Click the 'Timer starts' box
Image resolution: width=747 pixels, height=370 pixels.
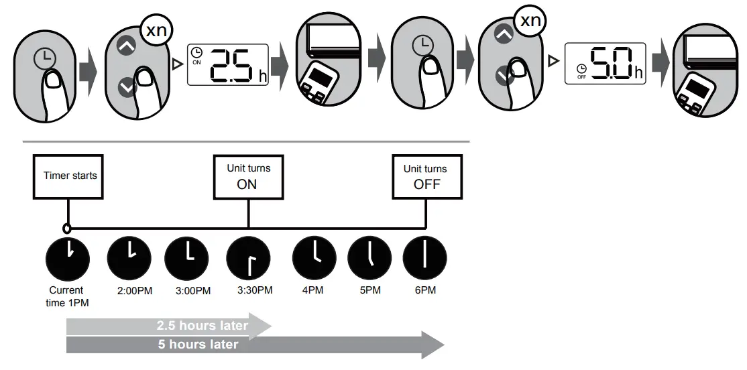click(70, 176)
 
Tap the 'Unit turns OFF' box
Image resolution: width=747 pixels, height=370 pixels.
click(425, 177)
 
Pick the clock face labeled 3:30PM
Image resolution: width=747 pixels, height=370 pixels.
click(248, 258)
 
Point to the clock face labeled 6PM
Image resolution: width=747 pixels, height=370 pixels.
click(424, 258)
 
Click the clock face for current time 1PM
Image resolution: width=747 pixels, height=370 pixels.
click(67, 258)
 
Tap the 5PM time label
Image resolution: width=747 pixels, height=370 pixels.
click(369, 291)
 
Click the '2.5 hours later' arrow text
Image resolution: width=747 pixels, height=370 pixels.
click(203, 326)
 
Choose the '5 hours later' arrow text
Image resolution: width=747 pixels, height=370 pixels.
click(198, 345)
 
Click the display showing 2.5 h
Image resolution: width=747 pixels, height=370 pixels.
click(227, 64)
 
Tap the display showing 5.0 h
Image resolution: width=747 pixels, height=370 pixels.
click(604, 64)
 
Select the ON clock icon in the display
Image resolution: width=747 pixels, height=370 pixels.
click(196, 54)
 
